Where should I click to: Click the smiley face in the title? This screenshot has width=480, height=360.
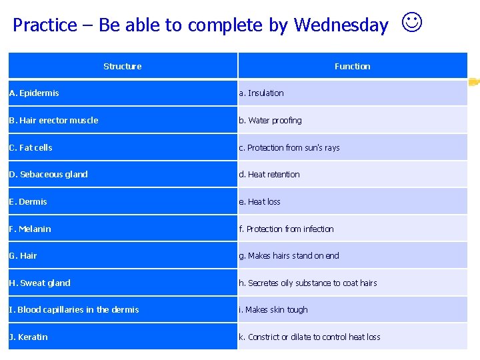coord(412,23)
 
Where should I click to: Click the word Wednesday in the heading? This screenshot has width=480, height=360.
coord(341,25)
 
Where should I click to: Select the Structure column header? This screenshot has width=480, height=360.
coord(123,66)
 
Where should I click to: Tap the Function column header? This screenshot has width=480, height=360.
coord(352,66)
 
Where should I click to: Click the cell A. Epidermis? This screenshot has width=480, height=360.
coord(34,93)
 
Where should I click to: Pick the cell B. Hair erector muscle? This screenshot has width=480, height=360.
coord(53,121)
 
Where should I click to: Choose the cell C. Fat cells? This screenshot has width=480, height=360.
coord(31,147)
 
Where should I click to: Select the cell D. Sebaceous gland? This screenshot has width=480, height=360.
coord(48,175)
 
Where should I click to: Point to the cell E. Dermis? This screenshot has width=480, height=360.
coord(28,201)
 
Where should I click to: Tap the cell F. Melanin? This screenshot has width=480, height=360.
coord(30,229)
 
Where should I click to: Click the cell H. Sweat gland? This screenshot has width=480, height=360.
coord(39,283)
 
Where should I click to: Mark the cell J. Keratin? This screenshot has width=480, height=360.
coord(28,337)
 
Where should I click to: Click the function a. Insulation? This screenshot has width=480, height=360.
coord(261,93)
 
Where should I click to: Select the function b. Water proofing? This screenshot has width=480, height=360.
coord(270,121)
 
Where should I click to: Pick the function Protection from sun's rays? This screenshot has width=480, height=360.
coord(289,147)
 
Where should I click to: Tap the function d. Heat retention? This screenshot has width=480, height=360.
coord(269,175)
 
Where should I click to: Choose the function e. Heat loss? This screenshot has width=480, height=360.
coord(260,201)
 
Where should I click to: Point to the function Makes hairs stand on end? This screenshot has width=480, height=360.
coord(289,255)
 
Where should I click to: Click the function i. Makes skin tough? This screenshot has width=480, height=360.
coord(273,309)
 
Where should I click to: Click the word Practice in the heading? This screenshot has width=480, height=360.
coord(45,25)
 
